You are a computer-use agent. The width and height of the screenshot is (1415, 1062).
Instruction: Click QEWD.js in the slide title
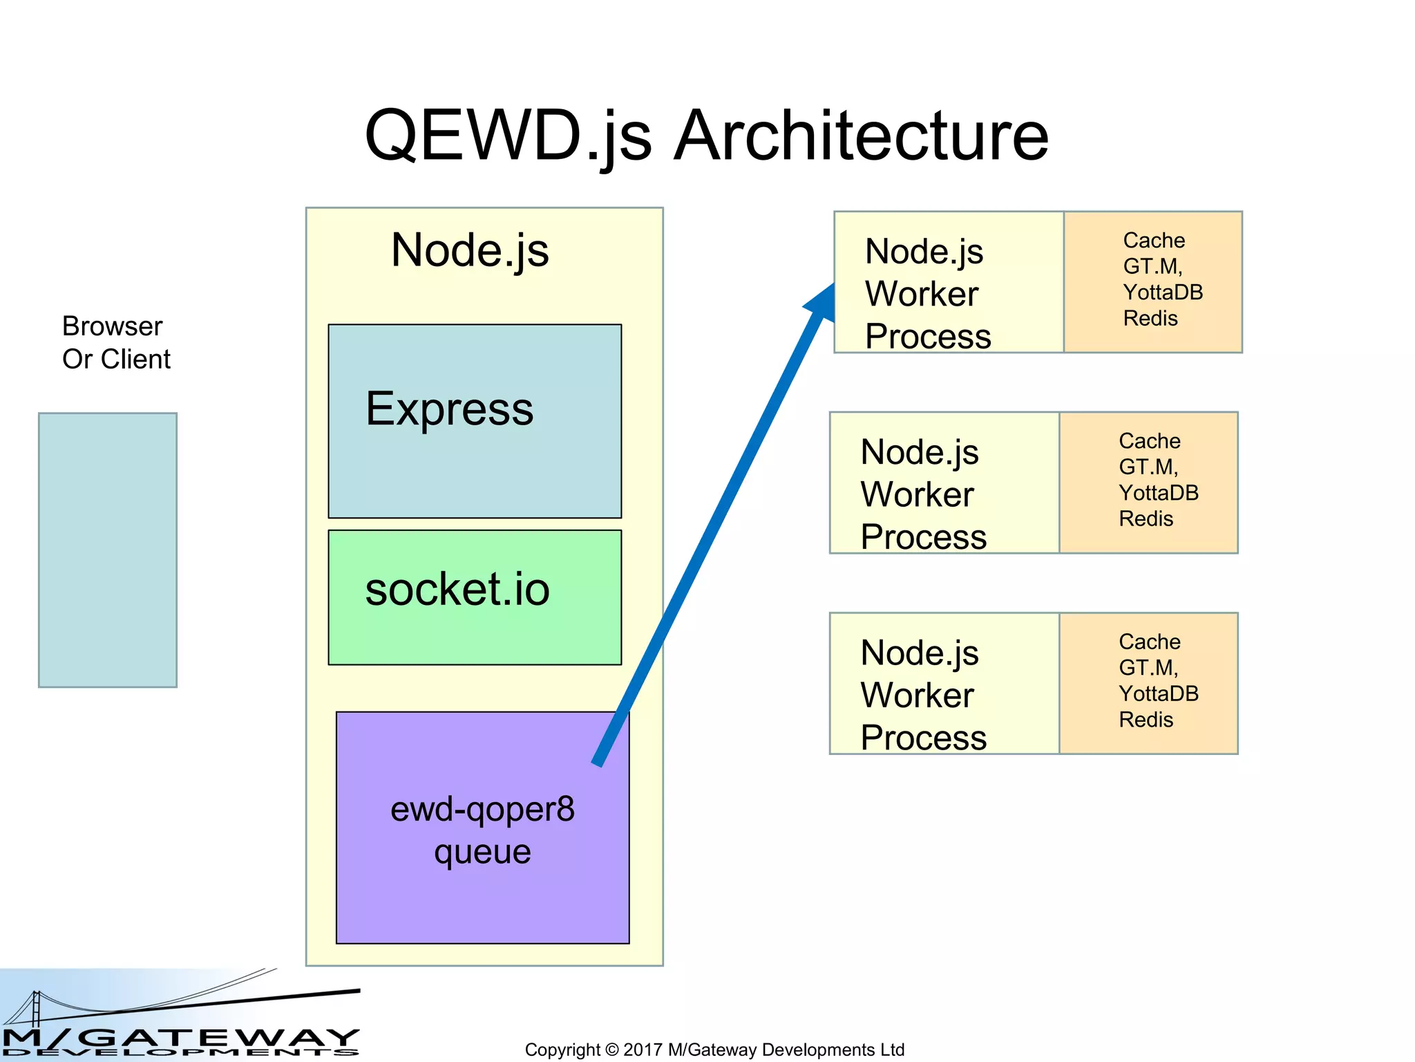[x=508, y=136]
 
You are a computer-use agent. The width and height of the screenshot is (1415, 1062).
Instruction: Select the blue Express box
[x=475, y=456]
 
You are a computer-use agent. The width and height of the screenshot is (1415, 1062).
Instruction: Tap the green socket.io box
[x=475, y=622]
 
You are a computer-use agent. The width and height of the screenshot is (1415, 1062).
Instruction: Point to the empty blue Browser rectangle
[x=108, y=550]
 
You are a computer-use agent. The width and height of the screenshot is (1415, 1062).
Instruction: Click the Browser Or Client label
[x=115, y=343]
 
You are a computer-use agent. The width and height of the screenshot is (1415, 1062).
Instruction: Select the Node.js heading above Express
[x=470, y=250]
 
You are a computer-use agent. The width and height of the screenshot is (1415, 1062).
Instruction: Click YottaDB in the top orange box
[x=1163, y=292]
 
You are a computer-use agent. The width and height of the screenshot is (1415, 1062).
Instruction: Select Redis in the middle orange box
[x=1146, y=519]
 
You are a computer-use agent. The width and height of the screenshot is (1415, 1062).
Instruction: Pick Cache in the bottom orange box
[x=1149, y=642]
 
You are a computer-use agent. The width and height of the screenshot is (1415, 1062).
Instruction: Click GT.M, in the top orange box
[x=1152, y=266]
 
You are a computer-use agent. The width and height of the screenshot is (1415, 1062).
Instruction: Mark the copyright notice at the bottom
[x=714, y=1050]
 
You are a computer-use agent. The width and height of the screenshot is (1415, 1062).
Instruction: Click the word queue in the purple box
[x=482, y=852]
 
